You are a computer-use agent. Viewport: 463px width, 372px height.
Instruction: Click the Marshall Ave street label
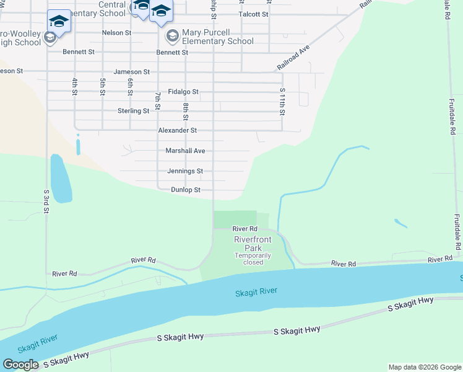[185, 151]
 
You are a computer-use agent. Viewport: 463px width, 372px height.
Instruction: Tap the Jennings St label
[185, 170]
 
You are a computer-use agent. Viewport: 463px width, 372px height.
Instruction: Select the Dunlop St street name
[186, 190]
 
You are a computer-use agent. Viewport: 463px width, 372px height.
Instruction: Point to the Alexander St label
[177, 130]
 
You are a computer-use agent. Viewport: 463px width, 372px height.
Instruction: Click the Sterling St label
[134, 111]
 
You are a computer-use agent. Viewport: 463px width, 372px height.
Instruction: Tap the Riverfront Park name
[253, 244]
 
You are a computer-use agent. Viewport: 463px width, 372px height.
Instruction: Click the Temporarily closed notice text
[253, 259]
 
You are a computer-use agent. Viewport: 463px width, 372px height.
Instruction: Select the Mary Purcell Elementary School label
[218, 37]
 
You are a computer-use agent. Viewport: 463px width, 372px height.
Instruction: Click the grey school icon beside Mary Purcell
[172, 37]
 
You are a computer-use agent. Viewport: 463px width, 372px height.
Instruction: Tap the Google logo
[20, 365]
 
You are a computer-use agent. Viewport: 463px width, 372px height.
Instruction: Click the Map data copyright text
[425, 367]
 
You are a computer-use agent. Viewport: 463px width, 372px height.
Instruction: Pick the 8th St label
[185, 112]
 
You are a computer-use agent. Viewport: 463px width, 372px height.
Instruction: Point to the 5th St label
[102, 86]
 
